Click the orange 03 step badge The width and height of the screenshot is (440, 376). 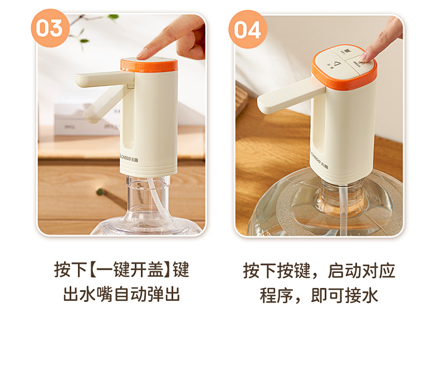pyautogui.click(x=50, y=28)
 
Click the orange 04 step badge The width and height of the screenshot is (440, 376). pyautogui.click(x=247, y=30)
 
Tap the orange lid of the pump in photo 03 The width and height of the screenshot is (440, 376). pyautogui.click(x=149, y=65)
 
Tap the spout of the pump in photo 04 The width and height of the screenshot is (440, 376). pyautogui.click(x=291, y=97)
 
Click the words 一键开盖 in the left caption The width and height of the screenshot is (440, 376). pyautogui.click(x=128, y=270)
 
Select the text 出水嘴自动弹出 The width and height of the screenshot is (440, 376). pyautogui.click(x=121, y=294)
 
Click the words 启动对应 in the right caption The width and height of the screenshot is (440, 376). pyautogui.click(x=361, y=271)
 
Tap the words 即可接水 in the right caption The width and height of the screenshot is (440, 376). pyautogui.click(x=344, y=295)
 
